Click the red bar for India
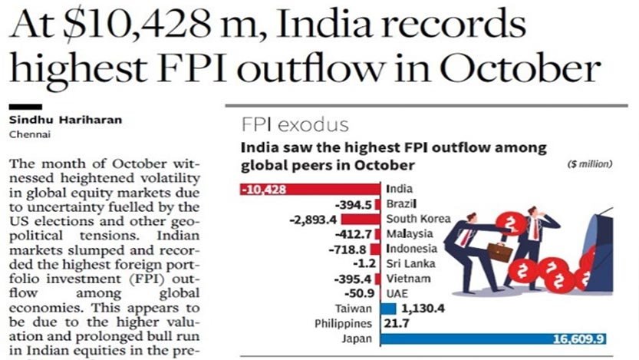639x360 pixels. (x=311, y=189)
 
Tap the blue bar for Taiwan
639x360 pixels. (x=388, y=309)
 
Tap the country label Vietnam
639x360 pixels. (x=407, y=278)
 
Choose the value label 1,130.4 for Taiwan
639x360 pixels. (x=424, y=309)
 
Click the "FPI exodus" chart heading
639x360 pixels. (x=295, y=125)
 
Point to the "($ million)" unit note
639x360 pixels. (x=590, y=165)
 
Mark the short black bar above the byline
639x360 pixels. (x=25, y=107)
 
